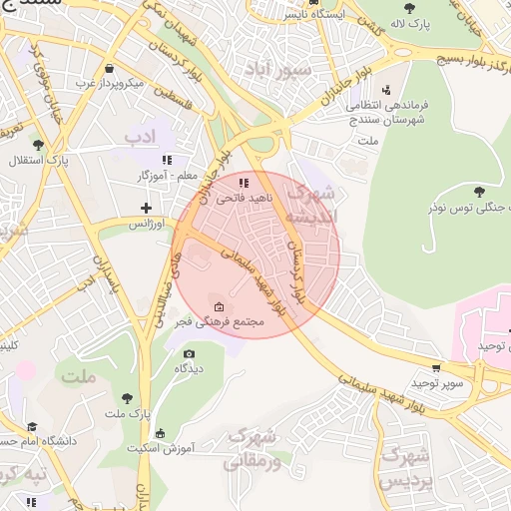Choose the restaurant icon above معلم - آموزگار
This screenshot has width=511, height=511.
click(168, 160)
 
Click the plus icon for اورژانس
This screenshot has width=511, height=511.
click(147, 209)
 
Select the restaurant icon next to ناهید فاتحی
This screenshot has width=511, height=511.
click(244, 183)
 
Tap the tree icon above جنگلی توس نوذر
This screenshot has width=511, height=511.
click(479, 190)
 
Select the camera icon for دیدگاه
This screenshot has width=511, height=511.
click(190, 353)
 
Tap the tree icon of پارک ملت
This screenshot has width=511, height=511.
click(127, 398)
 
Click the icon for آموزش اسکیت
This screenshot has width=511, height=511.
click(161, 433)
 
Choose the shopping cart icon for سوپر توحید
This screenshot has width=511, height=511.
click(436, 368)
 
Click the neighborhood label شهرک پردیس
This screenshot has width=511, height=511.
click(406, 467)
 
